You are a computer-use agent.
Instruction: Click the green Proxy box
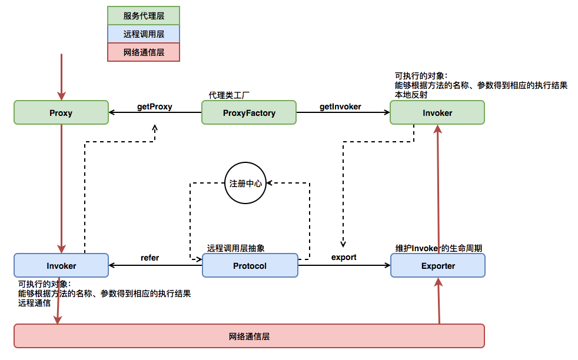tap(61, 112)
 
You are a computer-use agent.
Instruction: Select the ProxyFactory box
tap(249, 112)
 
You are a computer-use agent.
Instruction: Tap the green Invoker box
tap(437, 112)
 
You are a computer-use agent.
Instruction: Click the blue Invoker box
tap(61, 266)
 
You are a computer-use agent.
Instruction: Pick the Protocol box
tap(250, 266)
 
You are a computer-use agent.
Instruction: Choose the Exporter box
tap(438, 266)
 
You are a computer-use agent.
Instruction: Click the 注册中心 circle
tap(245, 184)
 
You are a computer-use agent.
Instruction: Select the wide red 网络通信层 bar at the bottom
tap(249, 336)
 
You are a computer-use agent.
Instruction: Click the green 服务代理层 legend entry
tap(144, 16)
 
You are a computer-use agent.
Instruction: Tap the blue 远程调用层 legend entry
tap(144, 34)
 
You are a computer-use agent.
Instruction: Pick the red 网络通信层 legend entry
tap(144, 52)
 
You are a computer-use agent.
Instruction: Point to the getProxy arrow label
tap(154, 106)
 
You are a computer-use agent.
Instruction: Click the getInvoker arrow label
tap(340, 106)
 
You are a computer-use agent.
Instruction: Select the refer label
tap(150, 258)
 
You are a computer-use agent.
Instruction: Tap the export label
tap(344, 258)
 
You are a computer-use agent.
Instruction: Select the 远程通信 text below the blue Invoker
tap(34, 303)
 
